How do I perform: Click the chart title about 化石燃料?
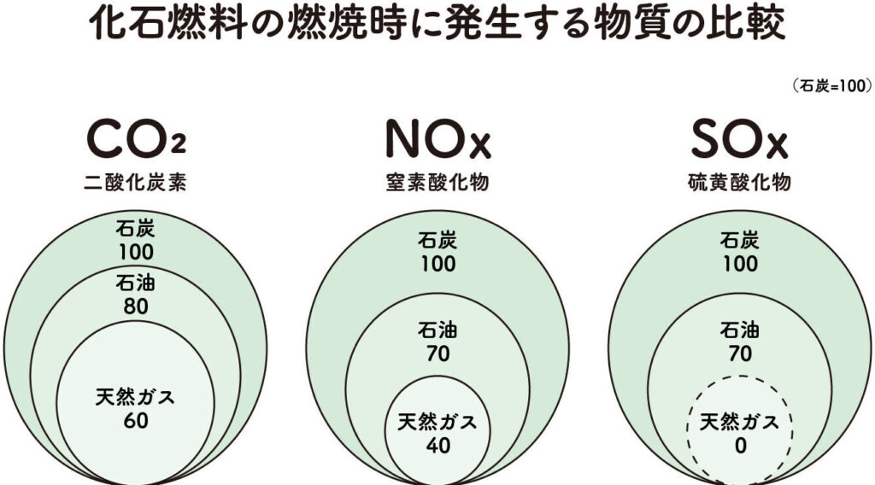[x=437, y=26]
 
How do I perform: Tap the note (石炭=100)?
[x=831, y=85]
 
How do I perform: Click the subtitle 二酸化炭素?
[x=136, y=183]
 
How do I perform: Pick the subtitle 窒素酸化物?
[x=437, y=183]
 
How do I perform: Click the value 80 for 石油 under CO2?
[x=137, y=305]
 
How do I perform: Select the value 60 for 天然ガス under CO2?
[x=137, y=421]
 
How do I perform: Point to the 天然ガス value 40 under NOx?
[x=437, y=446]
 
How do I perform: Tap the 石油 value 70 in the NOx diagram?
[x=437, y=354]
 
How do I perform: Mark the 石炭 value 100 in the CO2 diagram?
[x=137, y=252]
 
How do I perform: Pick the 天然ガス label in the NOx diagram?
[x=437, y=423]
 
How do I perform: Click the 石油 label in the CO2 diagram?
[x=137, y=282]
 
